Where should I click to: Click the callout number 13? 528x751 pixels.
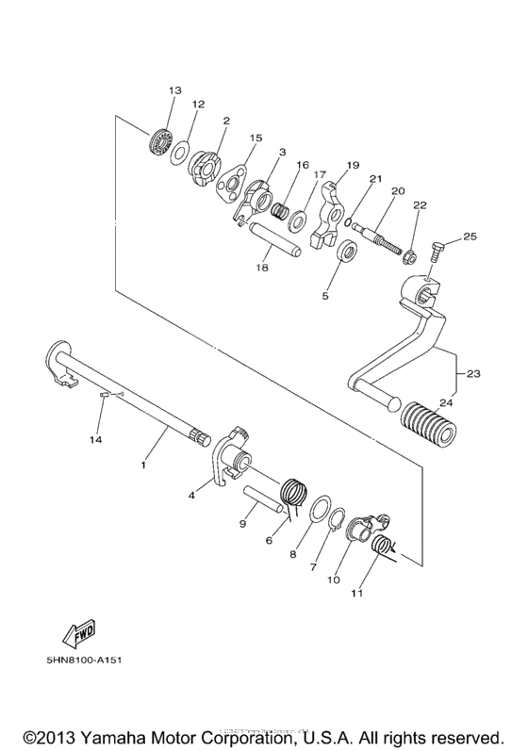click(174, 90)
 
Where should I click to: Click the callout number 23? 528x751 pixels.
click(472, 374)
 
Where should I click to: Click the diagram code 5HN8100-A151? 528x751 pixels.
click(74, 659)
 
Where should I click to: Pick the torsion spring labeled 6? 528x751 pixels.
click(296, 493)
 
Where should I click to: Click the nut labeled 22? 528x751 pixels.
click(410, 255)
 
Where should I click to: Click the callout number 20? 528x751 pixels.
click(397, 191)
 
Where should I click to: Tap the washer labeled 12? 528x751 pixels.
click(179, 154)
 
